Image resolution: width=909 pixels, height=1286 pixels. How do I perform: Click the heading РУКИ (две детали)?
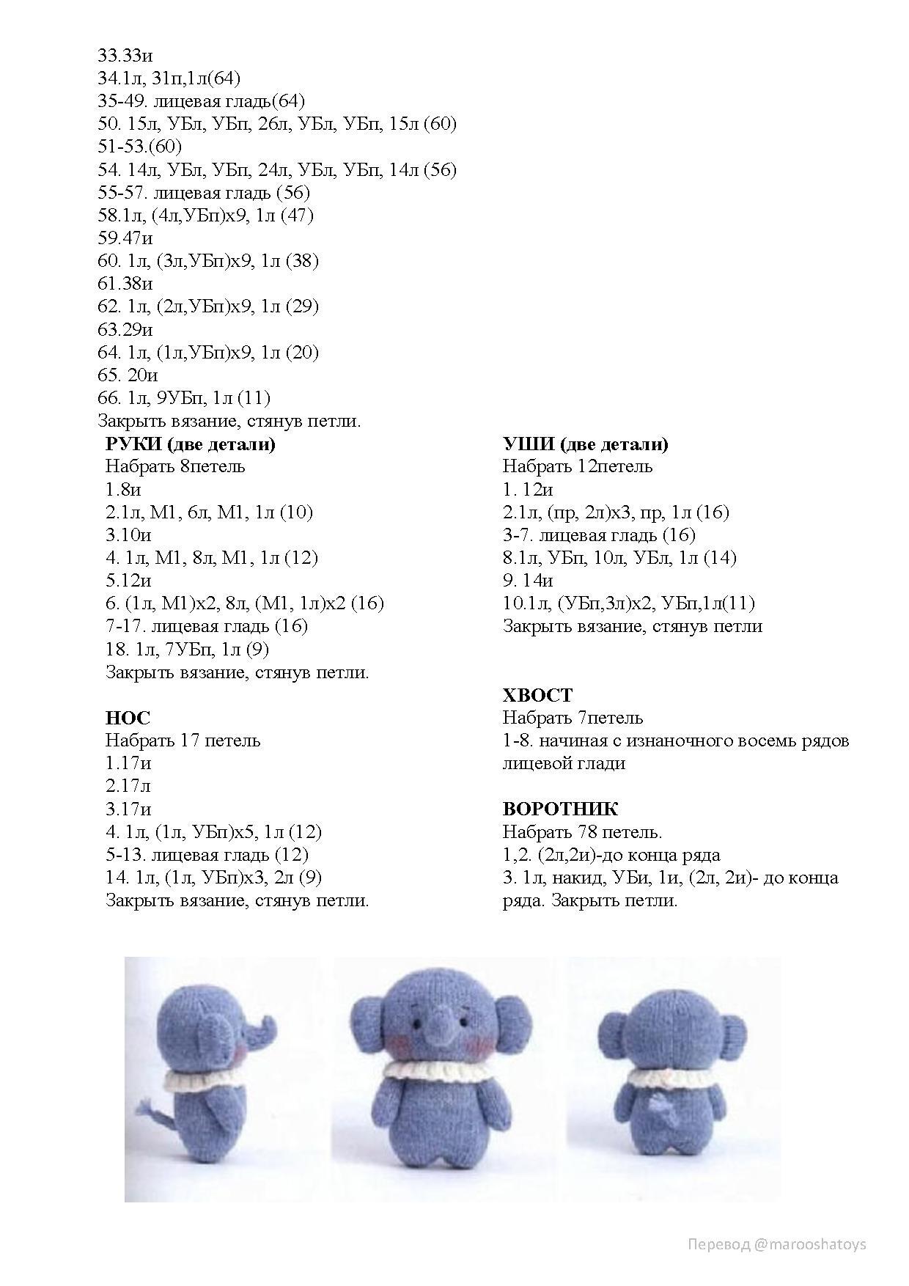(190, 444)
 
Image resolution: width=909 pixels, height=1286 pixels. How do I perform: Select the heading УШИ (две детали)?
(585, 444)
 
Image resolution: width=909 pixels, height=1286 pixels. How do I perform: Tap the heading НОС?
(128, 718)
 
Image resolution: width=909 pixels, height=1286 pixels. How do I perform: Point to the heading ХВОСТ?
(537, 695)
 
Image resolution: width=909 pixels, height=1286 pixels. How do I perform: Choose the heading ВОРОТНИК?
(560, 809)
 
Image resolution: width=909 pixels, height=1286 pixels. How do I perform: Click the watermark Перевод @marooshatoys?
(776, 1243)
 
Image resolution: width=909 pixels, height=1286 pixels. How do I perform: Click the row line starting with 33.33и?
(125, 56)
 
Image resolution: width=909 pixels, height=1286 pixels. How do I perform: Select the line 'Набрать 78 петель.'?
(582, 832)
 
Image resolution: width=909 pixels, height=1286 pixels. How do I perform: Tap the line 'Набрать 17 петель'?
(183, 741)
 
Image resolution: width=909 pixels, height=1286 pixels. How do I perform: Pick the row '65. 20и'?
(128, 375)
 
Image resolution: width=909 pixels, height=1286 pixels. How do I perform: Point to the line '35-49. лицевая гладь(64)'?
(202, 101)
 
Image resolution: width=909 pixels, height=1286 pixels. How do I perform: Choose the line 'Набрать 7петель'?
(573, 718)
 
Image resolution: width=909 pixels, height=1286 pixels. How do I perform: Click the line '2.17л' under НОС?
(128, 786)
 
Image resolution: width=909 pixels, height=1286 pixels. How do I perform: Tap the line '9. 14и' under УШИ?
(528, 581)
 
